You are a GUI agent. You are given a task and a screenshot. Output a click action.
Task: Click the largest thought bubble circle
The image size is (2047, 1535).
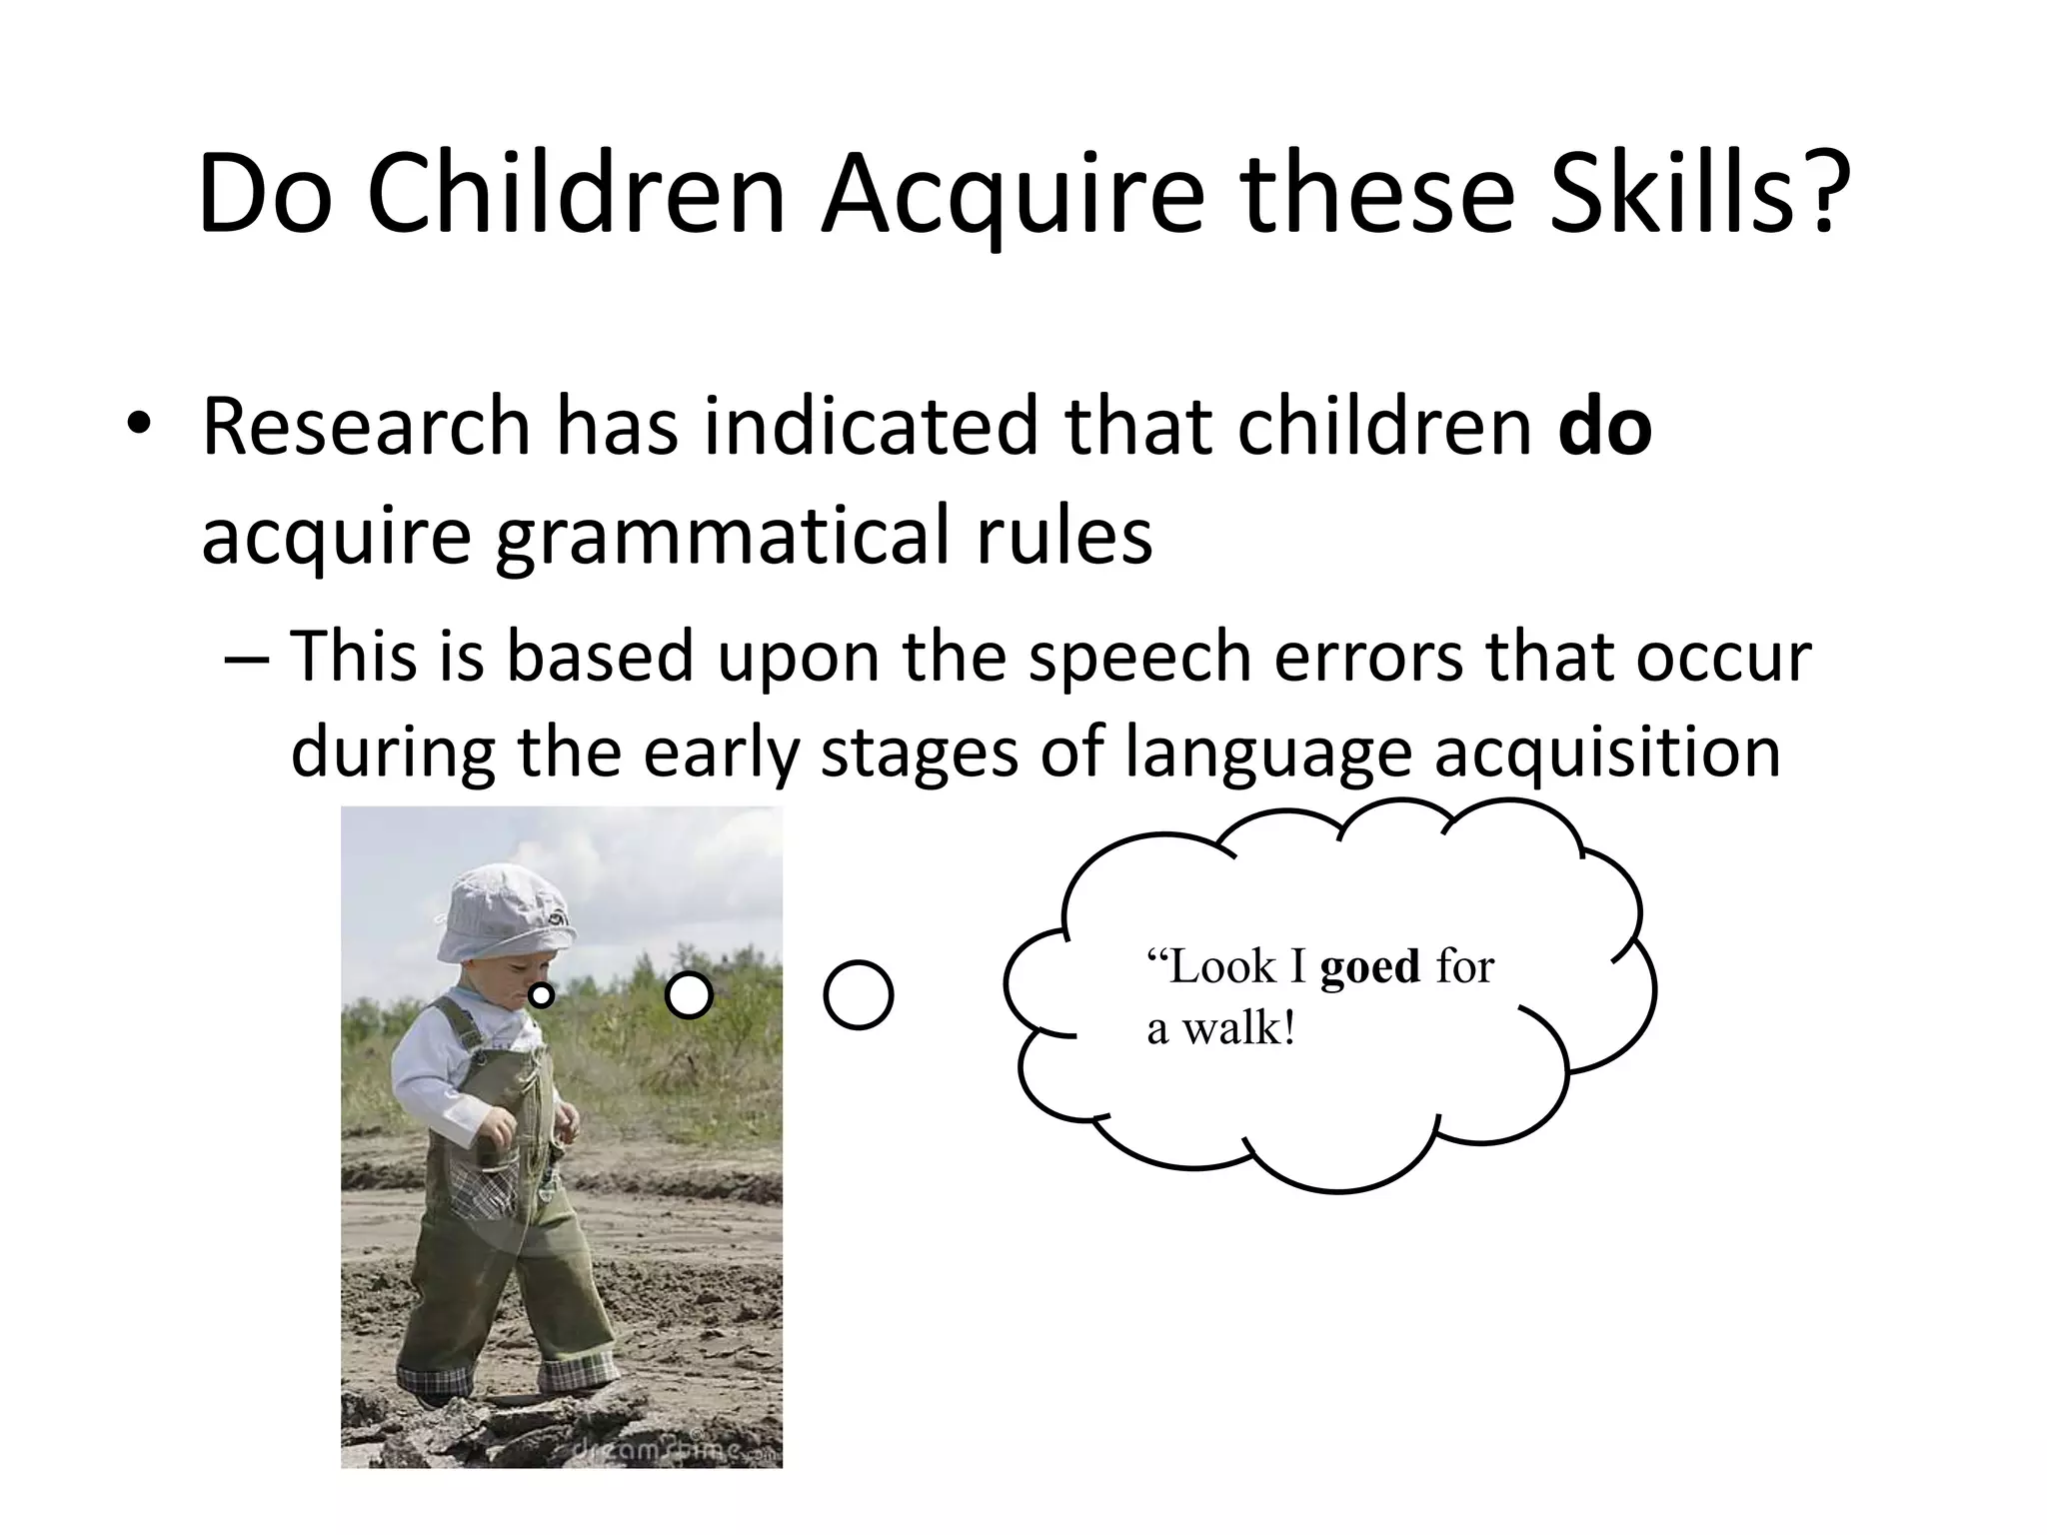[859, 995]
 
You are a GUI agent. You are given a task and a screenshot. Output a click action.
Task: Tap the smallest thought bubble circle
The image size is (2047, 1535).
[541, 995]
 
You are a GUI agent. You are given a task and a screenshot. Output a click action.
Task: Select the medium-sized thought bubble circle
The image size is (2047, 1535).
[689, 995]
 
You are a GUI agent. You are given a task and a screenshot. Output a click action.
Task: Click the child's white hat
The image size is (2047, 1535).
[505, 914]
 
